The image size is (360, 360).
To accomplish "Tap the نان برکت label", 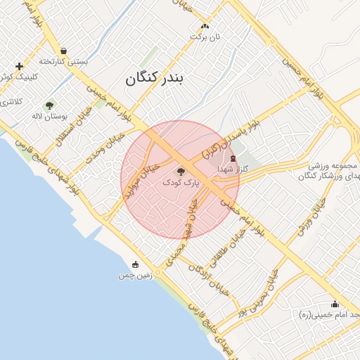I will (x=207, y=36).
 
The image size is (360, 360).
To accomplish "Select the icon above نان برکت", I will (x=205, y=25).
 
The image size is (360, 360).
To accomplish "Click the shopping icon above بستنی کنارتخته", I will (x=64, y=51).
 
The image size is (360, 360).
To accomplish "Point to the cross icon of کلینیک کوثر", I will (x=18, y=66).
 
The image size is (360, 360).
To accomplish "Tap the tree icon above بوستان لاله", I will (x=49, y=105).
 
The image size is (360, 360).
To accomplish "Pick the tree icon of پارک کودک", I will (x=181, y=171).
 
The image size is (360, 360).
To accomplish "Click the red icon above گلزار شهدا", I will (x=233, y=159).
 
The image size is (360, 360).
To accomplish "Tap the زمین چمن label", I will (x=135, y=276).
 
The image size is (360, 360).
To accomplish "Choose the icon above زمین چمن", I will (x=135, y=264).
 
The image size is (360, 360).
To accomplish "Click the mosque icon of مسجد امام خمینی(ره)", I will (x=335, y=304).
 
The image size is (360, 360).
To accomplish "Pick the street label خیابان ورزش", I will (x=311, y=217).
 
